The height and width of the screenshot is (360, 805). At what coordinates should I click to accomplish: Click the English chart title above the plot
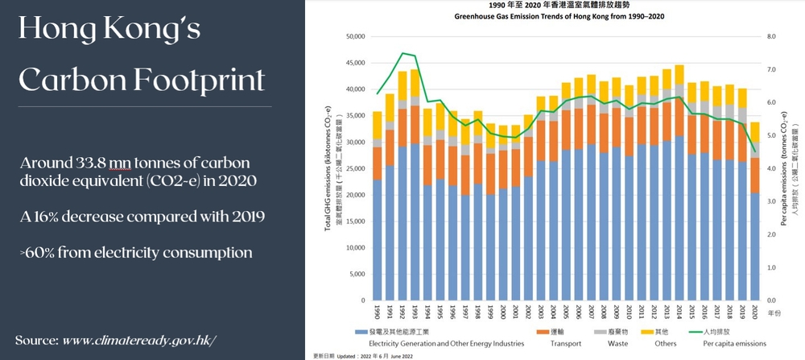pos(553,16)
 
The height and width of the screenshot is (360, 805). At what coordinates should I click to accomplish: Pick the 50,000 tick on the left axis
pos(356,36)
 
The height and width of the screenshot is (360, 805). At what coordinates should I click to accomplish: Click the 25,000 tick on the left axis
pos(356,168)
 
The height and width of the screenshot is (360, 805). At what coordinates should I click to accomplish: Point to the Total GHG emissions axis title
pos(328,168)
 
